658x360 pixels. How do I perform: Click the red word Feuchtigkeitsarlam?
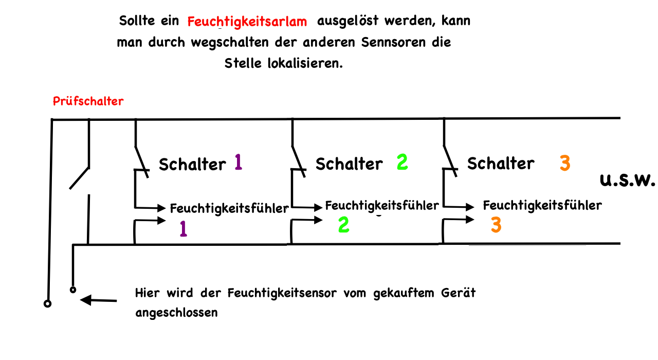tap(247, 22)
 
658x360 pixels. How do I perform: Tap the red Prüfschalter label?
tap(88, 101)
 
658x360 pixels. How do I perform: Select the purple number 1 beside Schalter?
tap(238, 162)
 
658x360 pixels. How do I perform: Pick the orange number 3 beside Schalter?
tap(564, 164)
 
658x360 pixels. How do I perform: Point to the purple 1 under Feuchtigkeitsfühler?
tap(183, 228)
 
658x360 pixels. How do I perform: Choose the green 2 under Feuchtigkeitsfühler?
tap(344, 225)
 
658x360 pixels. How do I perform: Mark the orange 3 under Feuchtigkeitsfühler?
tap(496, 225)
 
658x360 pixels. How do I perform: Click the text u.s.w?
tap(627, 181)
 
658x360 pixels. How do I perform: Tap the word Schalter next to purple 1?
tap(192, 165)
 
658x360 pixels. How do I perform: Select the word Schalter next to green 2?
tap(349, 164)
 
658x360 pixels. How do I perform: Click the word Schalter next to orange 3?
tap(501, 164)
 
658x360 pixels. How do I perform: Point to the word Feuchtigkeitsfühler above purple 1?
tap(229, 209)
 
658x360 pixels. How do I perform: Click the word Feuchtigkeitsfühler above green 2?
tap(382, 206)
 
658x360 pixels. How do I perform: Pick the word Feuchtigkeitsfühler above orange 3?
tap(542, 206)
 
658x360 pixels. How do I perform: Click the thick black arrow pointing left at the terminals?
tap(99, 300)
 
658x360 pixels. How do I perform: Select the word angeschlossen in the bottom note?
tap(176, 313)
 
